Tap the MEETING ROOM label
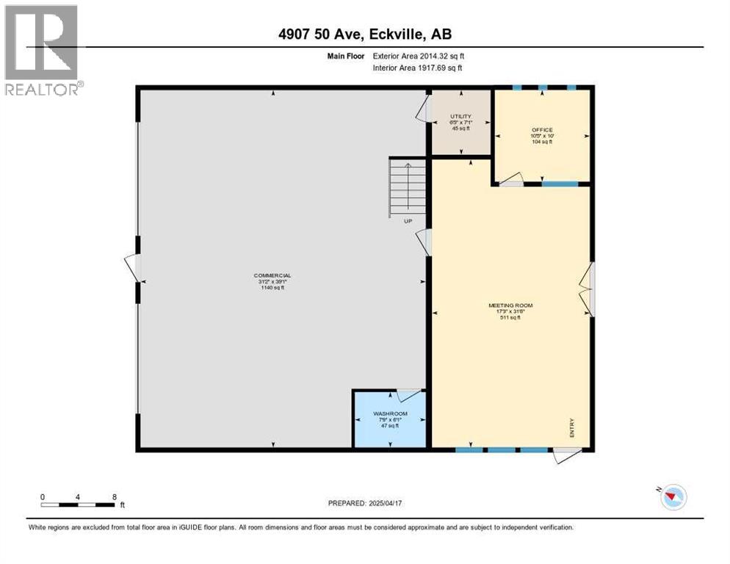(510, 305)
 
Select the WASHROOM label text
(390, 413)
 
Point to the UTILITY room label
(460, 116)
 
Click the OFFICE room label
(542, 130)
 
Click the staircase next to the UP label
(408, 187)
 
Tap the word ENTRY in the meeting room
(571, 428)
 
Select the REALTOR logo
(42, 51)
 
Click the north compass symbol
(671, 497)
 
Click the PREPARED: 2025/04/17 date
(366, 503)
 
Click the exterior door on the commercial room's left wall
(132, 267)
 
